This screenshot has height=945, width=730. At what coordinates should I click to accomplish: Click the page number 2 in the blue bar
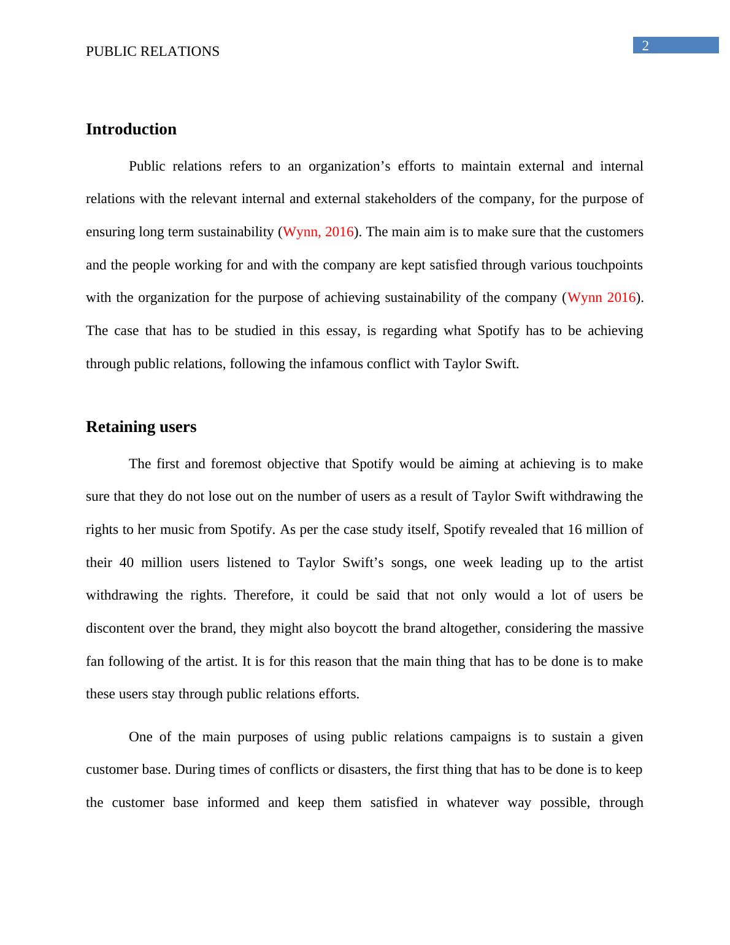(645, 45)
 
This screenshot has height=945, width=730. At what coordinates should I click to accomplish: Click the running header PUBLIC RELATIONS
(153, 52)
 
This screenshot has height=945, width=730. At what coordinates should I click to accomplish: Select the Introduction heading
(131, 129)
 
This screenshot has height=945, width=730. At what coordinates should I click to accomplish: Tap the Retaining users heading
(141, 426)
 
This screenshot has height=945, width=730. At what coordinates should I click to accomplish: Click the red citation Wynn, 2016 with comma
(318, 232)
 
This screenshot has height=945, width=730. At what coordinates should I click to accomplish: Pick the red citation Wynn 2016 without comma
(601, 298)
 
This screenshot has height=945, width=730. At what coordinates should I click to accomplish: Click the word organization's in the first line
(348, 166)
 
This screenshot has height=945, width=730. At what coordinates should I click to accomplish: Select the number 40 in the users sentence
(127, 563)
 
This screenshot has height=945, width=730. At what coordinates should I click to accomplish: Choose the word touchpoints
(606, 265)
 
